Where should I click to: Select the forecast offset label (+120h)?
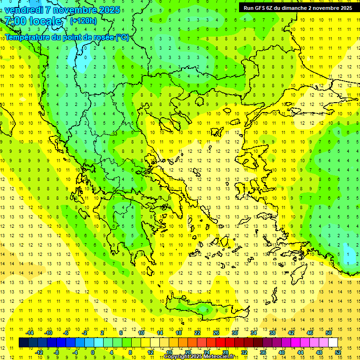83,21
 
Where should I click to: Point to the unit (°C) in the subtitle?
122,37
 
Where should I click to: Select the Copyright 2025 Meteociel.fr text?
199,357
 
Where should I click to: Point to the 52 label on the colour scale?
338,352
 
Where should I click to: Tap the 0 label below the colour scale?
93,352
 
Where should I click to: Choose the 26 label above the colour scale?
216,333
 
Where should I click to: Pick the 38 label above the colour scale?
272,333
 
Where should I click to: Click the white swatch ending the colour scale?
333,342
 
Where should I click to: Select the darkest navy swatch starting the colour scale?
23,342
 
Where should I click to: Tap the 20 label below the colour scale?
187,352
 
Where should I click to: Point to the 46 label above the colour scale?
310,333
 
